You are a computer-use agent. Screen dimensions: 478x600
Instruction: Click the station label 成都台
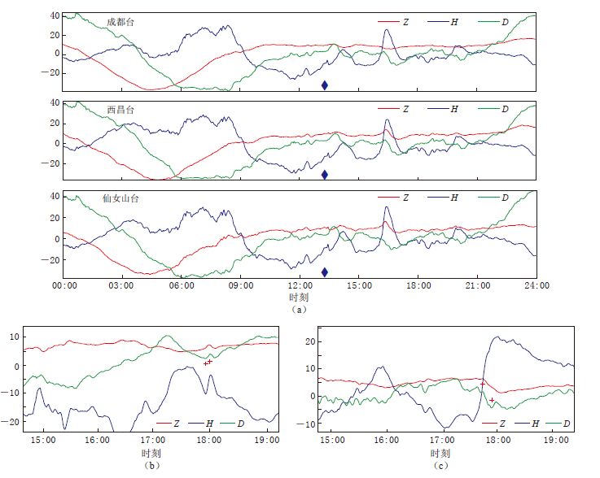pos(120,22)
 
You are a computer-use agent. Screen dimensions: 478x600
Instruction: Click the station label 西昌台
pos(120,110)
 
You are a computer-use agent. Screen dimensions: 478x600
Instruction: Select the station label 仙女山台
pos(125,198)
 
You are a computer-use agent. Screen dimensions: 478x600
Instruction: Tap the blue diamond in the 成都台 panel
pos(324,85)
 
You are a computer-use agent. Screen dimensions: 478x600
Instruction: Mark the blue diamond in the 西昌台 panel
pos(324,174)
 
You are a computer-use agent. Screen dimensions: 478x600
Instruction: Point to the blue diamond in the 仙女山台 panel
pos(324,272)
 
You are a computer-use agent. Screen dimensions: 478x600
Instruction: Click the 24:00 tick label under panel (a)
pos(536,286)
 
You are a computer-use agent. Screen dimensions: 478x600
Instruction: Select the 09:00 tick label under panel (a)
pos(241,286)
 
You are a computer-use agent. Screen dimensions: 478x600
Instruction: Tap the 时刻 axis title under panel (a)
pos(300,298)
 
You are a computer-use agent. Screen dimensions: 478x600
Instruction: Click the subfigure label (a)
pos(300,310)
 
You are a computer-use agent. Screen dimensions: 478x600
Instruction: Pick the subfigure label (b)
pos(150,465)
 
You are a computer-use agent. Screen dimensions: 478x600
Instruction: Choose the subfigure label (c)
pos(440,465)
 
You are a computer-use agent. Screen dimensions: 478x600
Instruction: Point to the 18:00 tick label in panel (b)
pos(209,440)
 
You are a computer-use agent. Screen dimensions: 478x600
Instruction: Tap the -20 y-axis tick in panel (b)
pos(12,422)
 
